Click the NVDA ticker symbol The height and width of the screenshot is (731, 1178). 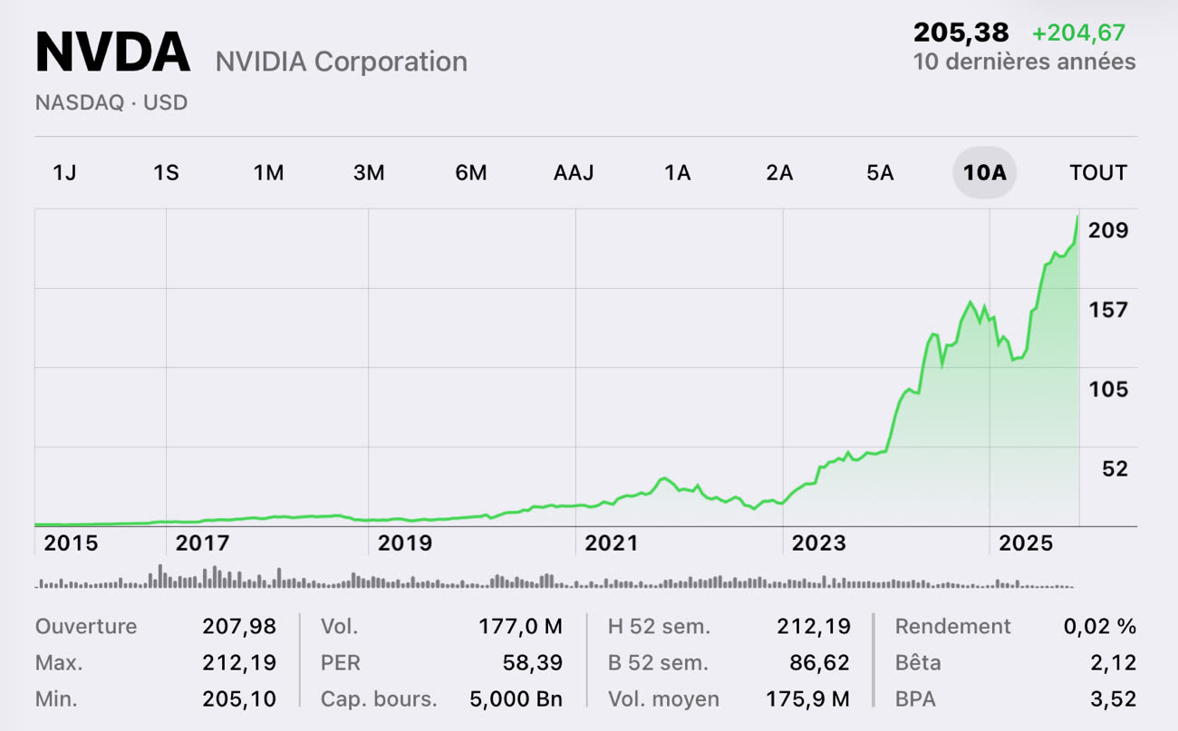tap(112, 53)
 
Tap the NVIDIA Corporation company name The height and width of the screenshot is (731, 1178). tap(341, 62)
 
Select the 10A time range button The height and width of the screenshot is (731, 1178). tap(984, 172)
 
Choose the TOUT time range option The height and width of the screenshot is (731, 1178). tap(1098, 172)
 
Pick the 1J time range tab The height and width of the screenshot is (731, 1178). tap(64, 172)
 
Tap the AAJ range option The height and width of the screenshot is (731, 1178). tap(574, 172)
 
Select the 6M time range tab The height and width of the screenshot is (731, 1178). tap(471, 172)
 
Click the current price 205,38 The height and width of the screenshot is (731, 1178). tap(961, 34)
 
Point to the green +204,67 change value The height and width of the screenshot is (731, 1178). tap(1078, 34)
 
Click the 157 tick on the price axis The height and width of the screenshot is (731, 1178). tap(1108, 310)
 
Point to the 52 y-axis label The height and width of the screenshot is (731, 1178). tap(1115, 468)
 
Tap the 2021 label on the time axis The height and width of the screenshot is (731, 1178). tap(611, 543)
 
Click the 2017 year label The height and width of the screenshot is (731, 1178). tap(202, 543)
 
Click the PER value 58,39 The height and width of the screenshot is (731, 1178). tap(533, 663)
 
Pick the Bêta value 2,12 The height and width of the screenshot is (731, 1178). tap(1114, 663)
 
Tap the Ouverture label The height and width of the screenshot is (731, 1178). tap(86, 627)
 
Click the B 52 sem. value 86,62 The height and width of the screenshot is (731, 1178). tap(819, 663)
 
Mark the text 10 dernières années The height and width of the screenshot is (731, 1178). tap(1024, 62)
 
